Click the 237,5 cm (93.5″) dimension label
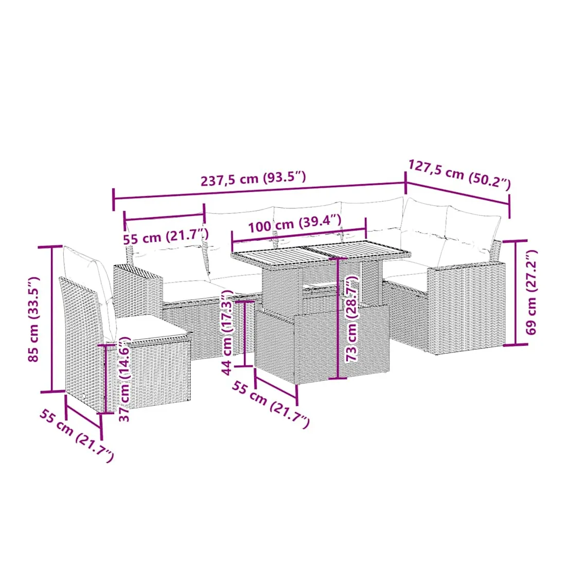253,179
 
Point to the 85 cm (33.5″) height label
33,319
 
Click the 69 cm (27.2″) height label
531,292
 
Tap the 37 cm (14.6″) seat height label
125,379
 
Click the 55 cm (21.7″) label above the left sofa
166,237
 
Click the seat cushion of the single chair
152,328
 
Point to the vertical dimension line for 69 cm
515,292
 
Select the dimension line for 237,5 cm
259,191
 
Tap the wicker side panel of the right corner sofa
466,307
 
